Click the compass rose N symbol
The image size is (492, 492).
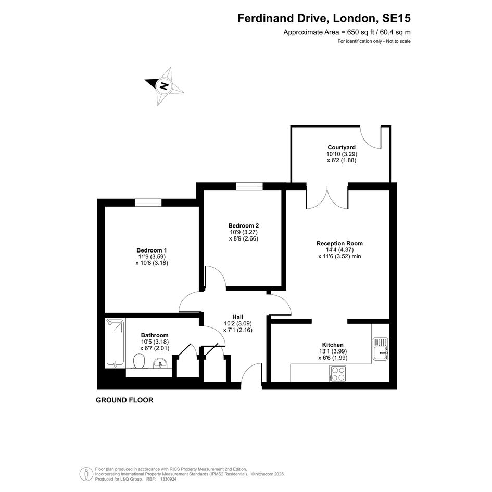[x=164, y=86]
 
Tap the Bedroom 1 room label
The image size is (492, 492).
[x=152, y=250]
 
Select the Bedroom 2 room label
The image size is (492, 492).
[x=244, y=225]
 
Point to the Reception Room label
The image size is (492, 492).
[x=339, y=243]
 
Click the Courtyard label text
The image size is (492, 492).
[x=342, y=147]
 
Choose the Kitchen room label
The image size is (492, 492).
[x=333, y=345]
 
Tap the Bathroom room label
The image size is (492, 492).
[x=155, y=335]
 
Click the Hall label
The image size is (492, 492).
[x=238, y=317]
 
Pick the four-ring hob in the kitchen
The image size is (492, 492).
[x=337, y=373]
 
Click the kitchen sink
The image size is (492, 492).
[x=381, y=349]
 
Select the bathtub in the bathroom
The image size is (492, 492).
[x=115, y=343]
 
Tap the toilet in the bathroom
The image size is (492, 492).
[x=139, y=361]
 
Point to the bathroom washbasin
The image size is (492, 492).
[x=161, y=364]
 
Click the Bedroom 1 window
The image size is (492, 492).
[x=148, y=203]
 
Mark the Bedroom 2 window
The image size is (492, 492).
[x=249, y=186]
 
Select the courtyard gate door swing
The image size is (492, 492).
[x=370, y=138]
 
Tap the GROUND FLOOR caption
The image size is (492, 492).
[x=124, y=400]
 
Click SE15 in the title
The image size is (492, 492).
[x=396, y=18]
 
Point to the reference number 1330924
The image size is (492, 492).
[x=169, y=479]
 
